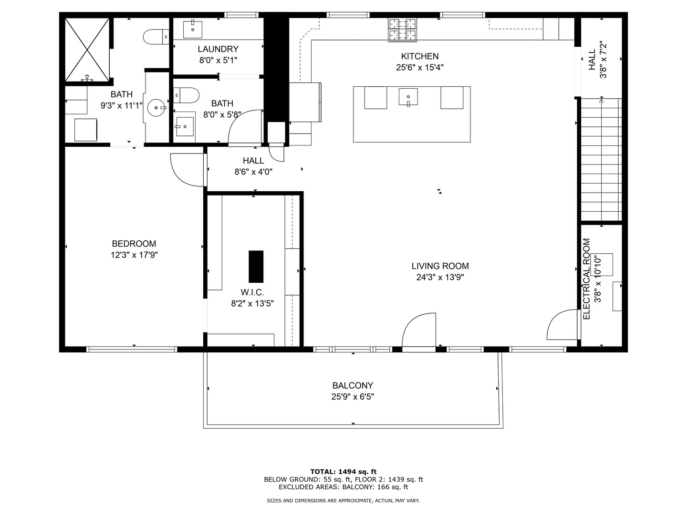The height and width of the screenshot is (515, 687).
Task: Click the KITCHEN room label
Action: (x=419, y=56)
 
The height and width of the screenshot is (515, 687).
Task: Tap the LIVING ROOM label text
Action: (x=440, y=266)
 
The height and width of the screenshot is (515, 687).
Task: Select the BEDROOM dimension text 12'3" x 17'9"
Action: (x=134, y=255)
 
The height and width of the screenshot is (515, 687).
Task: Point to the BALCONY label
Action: (x=353, y=385)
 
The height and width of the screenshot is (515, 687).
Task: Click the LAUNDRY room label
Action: (x=218, y=49)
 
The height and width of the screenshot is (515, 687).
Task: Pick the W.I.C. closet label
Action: (x=252, y=292)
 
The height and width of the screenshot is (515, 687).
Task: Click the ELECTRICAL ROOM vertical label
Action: (x=587, y=279)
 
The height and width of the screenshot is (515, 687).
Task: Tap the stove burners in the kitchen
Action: (x=403, y=30)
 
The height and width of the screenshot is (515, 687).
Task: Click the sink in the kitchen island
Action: (x=408, y=97)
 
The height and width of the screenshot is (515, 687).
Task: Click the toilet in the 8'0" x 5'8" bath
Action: (x=186, y=95)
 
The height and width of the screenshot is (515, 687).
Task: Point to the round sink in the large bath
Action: (x=156, y=108)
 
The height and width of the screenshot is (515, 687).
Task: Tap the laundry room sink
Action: (x=193, y=30)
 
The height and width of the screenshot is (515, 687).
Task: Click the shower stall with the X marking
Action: (x=87, y=49)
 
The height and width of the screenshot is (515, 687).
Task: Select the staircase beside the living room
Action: (x=601, y=160)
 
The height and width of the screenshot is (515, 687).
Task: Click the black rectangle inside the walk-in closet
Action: (x=256, y=267)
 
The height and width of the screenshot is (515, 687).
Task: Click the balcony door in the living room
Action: (x=419, y=331)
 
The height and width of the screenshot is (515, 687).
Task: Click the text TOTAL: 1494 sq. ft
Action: (x=343, y=472)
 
